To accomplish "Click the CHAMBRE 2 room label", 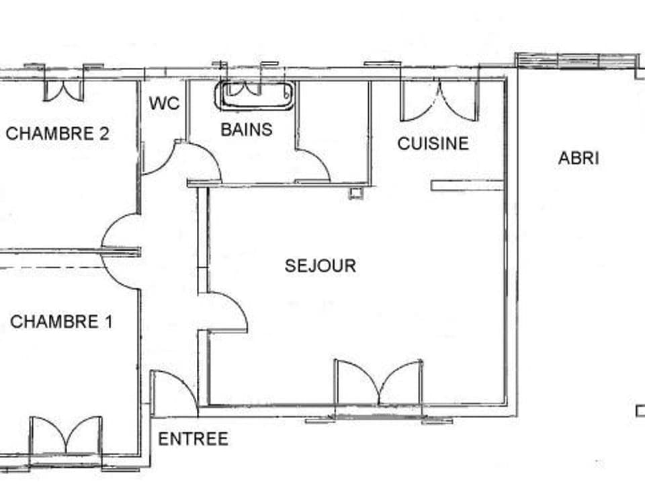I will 57,133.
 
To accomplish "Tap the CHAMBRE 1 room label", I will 61,321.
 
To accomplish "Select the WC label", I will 164,104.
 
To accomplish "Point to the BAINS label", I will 247,129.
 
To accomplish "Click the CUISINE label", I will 433,143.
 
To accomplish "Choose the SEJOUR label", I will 320,266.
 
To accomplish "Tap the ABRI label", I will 578,158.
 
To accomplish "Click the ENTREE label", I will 193,439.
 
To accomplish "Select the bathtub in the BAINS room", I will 255,95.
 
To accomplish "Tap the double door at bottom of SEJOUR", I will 379,385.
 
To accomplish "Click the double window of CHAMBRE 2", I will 64,89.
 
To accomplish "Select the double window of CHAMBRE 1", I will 66,436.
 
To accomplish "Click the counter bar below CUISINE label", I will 467,185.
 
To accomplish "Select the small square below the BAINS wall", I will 355,194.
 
